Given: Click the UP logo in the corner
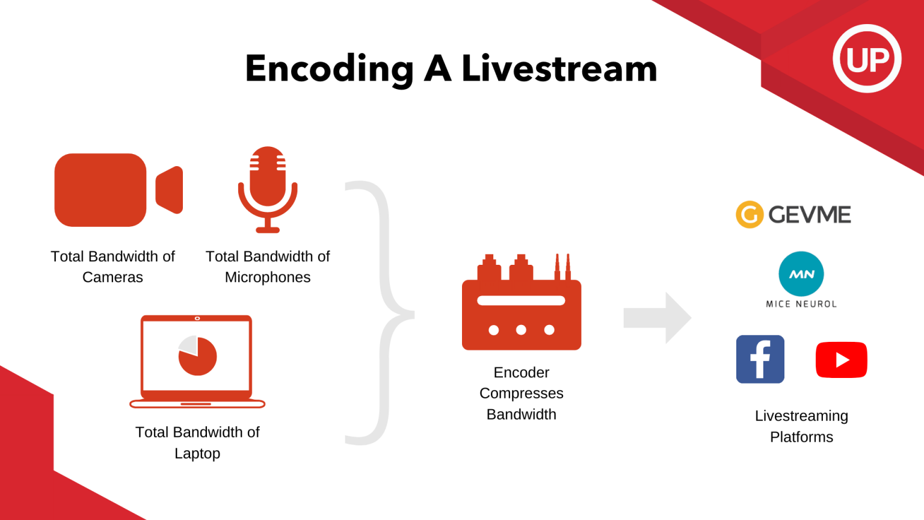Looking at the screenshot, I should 867,59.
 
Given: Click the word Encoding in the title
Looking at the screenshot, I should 329,69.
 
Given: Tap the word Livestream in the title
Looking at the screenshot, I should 559,69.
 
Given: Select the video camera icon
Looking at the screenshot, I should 118,190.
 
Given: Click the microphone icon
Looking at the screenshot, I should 268,189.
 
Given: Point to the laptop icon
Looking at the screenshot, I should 197,361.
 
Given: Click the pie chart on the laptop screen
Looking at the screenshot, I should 197,356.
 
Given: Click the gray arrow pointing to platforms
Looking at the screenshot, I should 657,318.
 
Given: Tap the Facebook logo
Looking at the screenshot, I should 760,359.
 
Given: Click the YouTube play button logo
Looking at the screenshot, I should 841,360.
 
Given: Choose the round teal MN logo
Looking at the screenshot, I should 801,274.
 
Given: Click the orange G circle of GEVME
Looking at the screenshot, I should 750,215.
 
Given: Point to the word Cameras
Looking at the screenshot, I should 112,277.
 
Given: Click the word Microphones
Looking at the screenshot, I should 268,277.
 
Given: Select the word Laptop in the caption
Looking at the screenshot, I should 197,454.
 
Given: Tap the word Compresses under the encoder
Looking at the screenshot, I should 521,394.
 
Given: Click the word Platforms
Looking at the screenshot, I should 801,438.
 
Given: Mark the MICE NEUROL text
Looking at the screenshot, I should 801,305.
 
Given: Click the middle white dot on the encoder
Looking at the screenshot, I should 521,330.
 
